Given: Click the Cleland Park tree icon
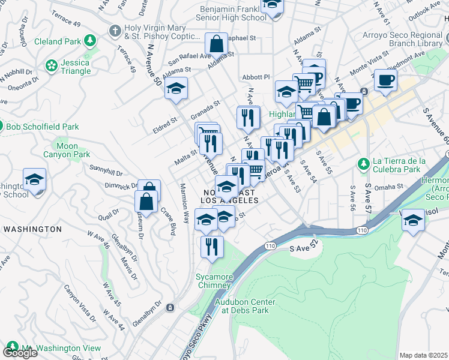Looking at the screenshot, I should point(89,41).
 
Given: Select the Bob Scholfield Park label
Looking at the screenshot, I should point(42,127).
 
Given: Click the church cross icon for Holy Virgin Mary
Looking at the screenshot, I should point(115,31).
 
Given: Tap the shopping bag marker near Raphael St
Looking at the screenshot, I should point(216,45).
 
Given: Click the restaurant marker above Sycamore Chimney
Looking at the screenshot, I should point(211,247).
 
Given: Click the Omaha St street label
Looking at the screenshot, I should point(391,187).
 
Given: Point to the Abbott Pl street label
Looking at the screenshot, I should point(256,77).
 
